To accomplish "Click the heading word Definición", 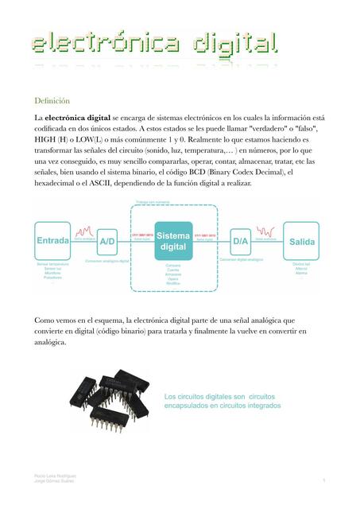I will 52,101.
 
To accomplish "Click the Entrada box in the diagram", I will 52,240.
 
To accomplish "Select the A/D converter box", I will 107,240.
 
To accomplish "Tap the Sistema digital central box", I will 173,240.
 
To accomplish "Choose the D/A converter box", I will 240,240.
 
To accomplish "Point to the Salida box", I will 303,240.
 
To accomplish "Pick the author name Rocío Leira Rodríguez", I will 51,476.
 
